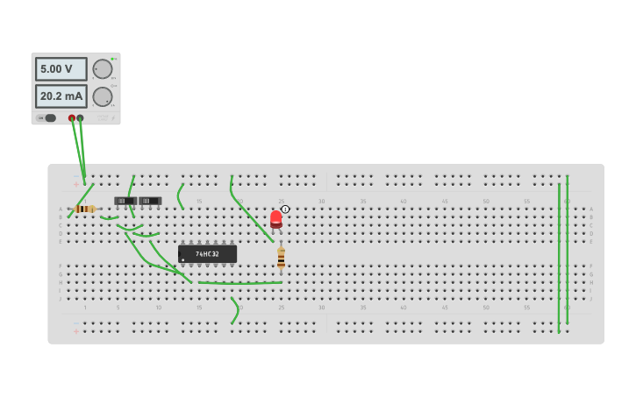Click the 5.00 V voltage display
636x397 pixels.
61,68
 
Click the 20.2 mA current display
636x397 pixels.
61,96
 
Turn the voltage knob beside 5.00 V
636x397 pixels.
103,68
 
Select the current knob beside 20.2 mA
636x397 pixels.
103,96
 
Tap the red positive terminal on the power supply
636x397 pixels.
72,118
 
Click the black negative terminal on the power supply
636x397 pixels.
81,118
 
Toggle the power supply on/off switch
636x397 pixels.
46,117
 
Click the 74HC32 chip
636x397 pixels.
207,254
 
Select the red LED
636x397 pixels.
276,218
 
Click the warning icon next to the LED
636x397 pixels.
285,209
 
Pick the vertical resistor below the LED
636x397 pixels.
281,259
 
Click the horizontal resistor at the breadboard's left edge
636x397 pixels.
85,209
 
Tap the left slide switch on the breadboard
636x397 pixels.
125,201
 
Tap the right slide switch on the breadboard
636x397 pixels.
150,201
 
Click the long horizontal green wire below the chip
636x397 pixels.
239,283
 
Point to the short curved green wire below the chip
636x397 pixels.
235,308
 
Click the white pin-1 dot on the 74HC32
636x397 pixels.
182,259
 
